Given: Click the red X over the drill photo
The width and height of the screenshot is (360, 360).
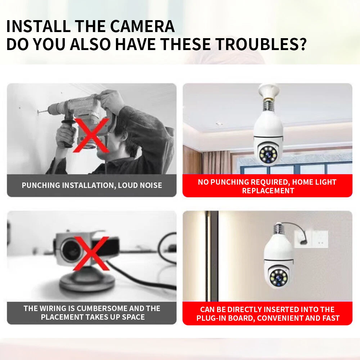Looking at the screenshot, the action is coord(91,135).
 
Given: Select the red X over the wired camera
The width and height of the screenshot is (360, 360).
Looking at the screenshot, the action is coord(91,253).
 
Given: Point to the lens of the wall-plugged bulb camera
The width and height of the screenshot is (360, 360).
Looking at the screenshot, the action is coord(279,278).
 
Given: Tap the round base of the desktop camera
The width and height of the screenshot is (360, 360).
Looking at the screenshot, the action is coord(87,282).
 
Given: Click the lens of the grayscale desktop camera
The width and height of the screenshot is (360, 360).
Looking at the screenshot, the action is coord(71,251).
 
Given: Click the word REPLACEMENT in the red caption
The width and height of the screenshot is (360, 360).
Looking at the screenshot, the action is coord(268,191).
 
